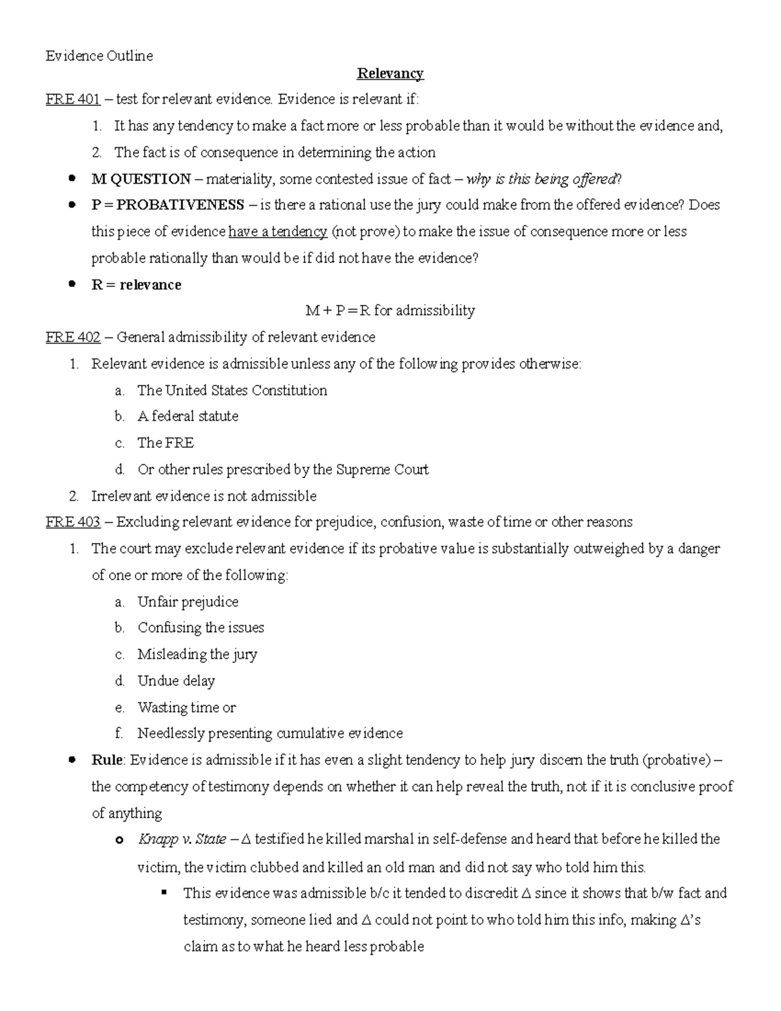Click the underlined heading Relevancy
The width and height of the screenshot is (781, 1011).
[x=390, y=74]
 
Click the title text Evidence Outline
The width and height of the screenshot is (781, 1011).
[x=99, y=56]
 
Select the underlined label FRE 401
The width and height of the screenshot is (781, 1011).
[x=72, y=100]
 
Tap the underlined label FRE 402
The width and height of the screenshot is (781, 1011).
[x=72, y=337]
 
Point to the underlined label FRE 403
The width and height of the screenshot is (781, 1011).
[x=72, y=522]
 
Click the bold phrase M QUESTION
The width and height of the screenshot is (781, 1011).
[x=141, y=179]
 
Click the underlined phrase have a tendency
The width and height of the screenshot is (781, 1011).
[x=278, y=232]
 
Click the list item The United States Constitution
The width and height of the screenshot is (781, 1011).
[x=232, y=391]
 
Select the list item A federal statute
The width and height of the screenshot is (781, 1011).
[x=187, y=417]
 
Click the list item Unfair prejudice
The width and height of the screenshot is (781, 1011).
[x=187, y=602]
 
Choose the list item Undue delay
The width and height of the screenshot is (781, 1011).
[x=176, y=681]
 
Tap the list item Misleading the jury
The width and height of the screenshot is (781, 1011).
[x=197, y=654]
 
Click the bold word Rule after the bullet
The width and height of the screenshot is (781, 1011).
[x=107, y=760]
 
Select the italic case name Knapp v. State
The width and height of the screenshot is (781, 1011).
[x=182, y=839]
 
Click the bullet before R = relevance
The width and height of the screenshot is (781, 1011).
[x=73, y=284]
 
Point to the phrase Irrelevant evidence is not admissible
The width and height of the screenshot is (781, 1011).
[x=203, y=496]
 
